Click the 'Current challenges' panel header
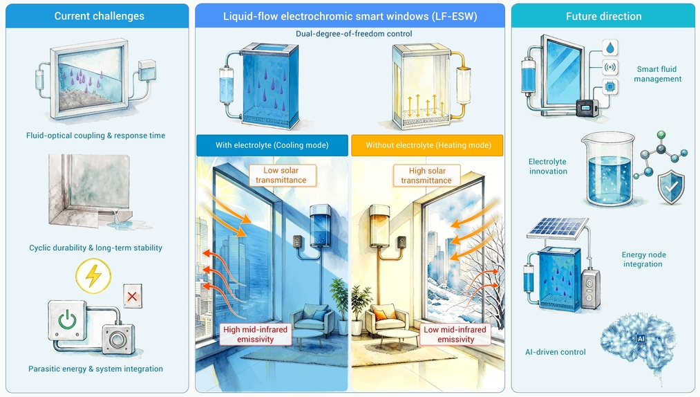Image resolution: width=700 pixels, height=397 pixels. click(97, 16)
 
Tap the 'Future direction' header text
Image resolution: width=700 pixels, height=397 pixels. click(603, 17)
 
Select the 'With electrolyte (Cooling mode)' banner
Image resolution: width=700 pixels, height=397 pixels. click(272, 145)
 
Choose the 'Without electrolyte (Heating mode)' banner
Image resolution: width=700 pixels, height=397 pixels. click(428, 145)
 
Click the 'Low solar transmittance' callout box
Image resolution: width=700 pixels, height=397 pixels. click(281, 175)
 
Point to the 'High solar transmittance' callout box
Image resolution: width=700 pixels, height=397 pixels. click(427, 176)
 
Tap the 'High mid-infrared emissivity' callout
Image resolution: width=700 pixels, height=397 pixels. click(256, 335)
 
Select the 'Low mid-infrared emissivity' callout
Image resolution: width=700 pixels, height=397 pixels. click(455, 335)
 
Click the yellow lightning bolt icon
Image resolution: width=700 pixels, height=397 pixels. click(93, 275)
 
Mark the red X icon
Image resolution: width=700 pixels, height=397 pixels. click(132, 296)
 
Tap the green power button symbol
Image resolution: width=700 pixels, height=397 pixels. click(67, 320)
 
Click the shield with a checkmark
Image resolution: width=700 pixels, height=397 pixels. click(671, 187)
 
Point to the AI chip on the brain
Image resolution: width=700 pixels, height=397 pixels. click(641, 339)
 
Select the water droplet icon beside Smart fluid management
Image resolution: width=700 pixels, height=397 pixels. click(610, 47)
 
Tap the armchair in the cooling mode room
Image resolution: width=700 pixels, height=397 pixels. click(312, 318)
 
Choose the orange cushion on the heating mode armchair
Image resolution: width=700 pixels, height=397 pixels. click(380, 315)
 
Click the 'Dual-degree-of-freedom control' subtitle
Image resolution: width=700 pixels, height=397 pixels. click(354, 34)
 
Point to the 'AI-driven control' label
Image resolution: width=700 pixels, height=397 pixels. click(556, 352)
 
